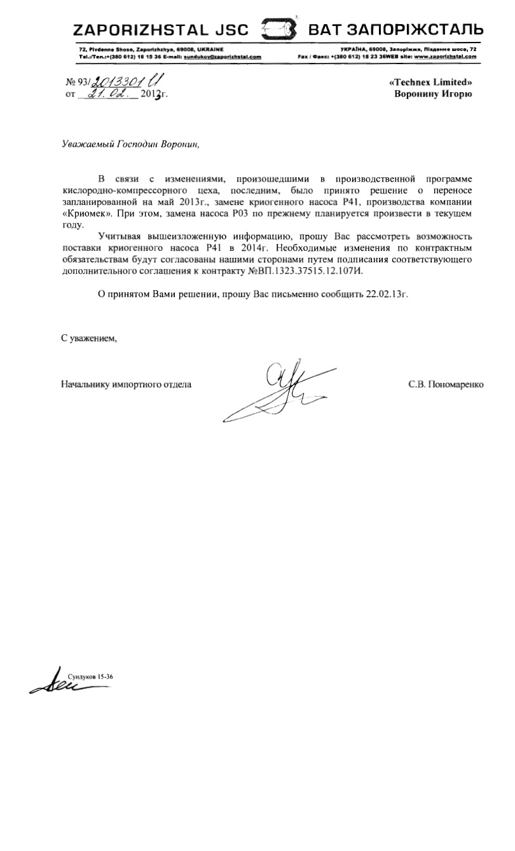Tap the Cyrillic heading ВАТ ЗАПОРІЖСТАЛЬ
click(x=395, y=30)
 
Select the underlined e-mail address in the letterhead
click(x=223, y=57)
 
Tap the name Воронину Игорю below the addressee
click(x=433, y=95)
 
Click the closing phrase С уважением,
click(x=89, y=338)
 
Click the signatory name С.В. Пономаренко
click(x=446, y=384)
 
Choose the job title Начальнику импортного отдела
click(x=126, y=384)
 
